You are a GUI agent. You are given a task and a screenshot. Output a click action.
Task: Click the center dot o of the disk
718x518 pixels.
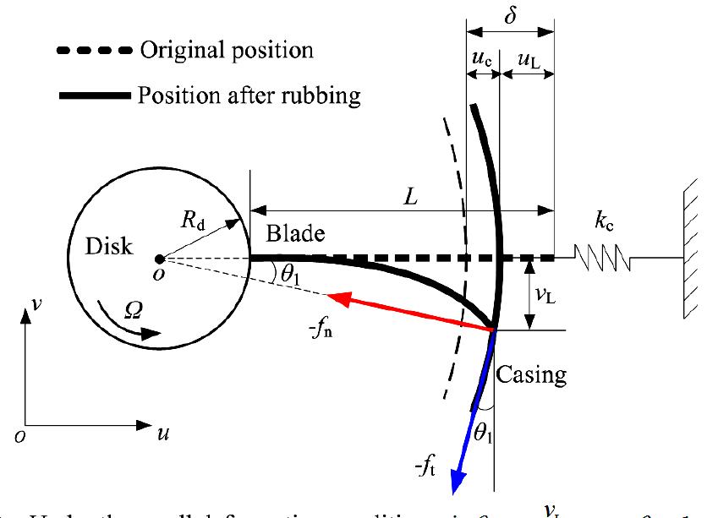click(x=159, y=259)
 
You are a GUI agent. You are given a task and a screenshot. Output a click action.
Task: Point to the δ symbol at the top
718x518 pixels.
click(x=511, y=14)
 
